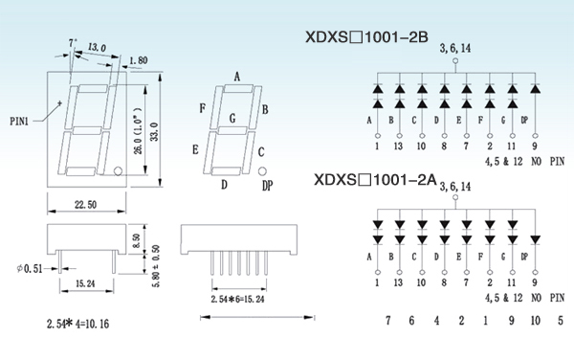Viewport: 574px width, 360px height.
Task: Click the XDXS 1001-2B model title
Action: point(366,37)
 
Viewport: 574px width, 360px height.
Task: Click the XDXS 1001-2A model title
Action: point(376,179)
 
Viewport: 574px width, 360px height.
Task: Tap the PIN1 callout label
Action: point(19,121)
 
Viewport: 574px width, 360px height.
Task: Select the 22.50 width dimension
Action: point(86,204)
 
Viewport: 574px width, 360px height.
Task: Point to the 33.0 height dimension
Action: point(154,131)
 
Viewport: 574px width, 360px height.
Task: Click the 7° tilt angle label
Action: point(73,43)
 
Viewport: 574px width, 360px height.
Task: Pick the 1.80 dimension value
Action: point(139,60)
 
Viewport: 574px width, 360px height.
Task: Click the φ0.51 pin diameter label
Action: point(30,268)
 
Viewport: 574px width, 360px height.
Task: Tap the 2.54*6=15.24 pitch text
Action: point(237,300)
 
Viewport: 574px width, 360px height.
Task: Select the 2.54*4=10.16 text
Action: point(77,324)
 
